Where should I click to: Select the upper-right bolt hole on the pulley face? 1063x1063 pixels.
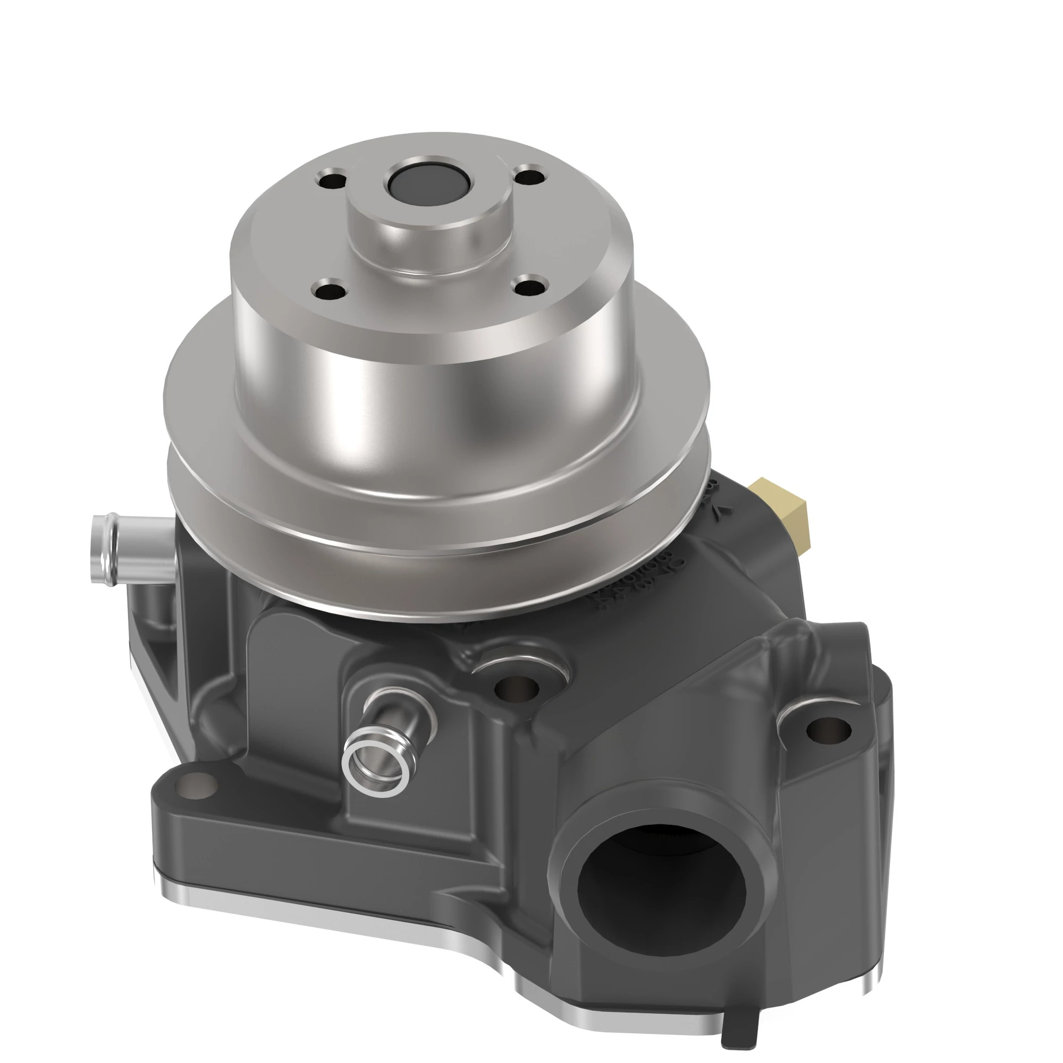tap(530, 177)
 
